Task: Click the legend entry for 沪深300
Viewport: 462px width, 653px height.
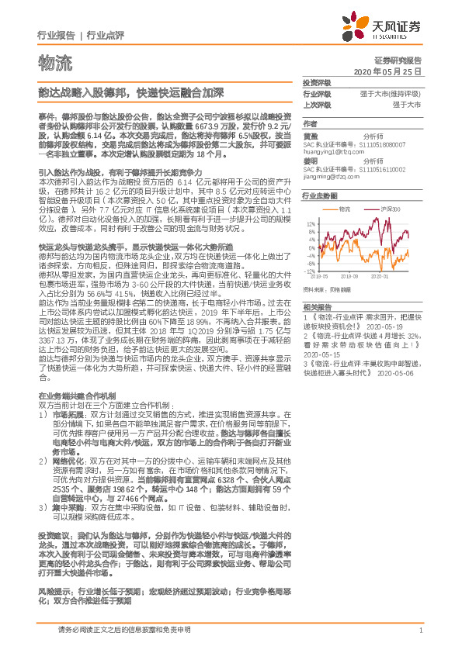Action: click(391, 210)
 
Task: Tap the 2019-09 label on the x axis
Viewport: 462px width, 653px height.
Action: click(349, 275)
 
